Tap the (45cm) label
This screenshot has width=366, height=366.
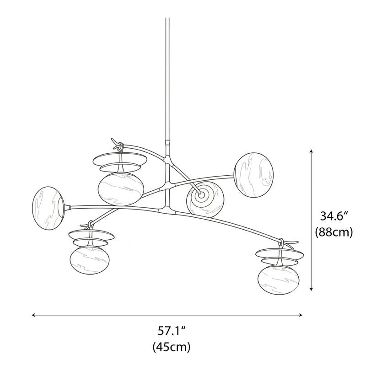pyautogui.click(x=172, y=347)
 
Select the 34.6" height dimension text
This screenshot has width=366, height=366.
pyautogui.click(x=334, y=216)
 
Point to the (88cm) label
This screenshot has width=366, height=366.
pyautogui.click(x=334, y=232)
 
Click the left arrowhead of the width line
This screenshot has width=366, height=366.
pyautogui.click(x=33, y=315)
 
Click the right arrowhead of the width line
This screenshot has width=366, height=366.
pyautogui.click(x=301, y=315)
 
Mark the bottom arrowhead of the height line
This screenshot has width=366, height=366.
pyautogui.click(x=311, y=289)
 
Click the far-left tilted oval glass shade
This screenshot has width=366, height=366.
pyautogui.click(x=48, y=208)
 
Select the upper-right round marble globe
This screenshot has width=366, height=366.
pyautogui.click(x=254, y=175)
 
